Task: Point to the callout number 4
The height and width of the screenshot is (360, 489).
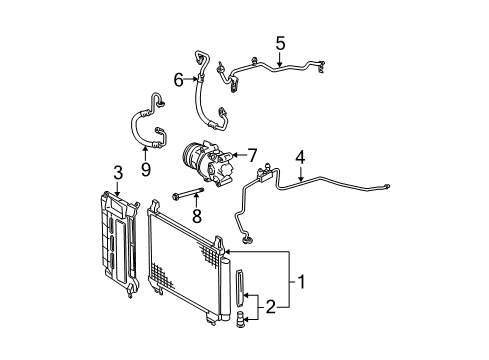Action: click(x=299, y=155)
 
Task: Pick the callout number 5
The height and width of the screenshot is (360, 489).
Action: click(x=280, y=44)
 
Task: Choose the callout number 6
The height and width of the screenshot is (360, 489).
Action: click(x=179, y=79)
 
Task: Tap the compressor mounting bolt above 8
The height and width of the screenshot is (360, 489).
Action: click(x=189, y=195)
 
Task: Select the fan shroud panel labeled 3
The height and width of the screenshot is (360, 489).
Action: click(x=118, y=240)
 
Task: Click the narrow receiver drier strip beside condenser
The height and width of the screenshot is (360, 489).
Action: click(x=240, y=300)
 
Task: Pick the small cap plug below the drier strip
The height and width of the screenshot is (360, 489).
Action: click(x=241, y=346)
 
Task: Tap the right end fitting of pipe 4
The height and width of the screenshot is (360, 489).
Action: click(x=385, y=187)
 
